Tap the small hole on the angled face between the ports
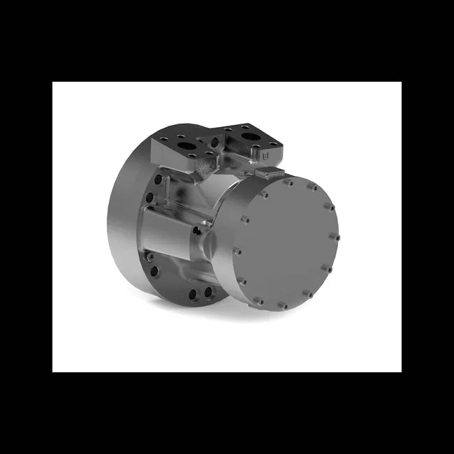point(214,142)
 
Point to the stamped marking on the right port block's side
point(272,148)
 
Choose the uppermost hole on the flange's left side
point(158,179)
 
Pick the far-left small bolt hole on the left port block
point(163,139)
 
